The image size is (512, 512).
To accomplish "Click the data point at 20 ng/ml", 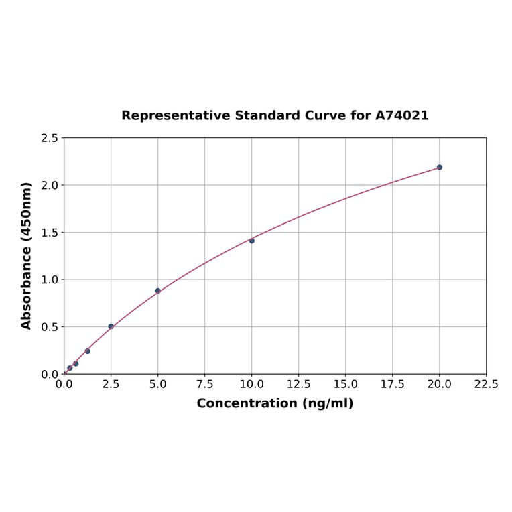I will click(x=440, y=167).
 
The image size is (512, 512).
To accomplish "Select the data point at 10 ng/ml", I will click(x=252, y=241).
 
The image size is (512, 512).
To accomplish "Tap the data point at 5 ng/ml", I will click(x=158, y=291).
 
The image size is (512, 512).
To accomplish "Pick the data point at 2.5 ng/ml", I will click(x=111, y=326).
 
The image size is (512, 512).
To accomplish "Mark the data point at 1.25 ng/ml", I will click(x=87, y=351).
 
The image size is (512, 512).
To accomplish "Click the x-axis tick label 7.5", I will click(x=205, y=385).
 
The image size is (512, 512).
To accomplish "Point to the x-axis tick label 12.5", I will click(x=299, y=385).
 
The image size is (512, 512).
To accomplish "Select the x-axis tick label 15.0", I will click(x=346, y=385).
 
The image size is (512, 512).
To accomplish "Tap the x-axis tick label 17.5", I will click(x=393, y=385).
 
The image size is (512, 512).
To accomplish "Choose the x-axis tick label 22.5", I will click(x=487, y=385).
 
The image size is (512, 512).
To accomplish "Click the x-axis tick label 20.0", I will click(x=440, y=385).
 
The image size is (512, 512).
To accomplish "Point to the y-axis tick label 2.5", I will click(x=50, y=138).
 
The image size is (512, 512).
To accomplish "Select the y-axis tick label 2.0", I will click(x=50, y=185).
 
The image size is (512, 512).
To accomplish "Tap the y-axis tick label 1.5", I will click(x=50, y=233).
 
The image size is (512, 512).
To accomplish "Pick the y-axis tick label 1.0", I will click(x=50, y=279).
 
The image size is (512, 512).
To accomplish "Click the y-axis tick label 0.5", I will click(x=50, y=327).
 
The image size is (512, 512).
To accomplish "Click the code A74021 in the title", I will click(x=401, y=115).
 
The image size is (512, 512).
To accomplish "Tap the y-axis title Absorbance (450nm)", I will click(x=27, y=255).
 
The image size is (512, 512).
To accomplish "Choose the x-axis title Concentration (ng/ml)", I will click(x=275, y=403).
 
